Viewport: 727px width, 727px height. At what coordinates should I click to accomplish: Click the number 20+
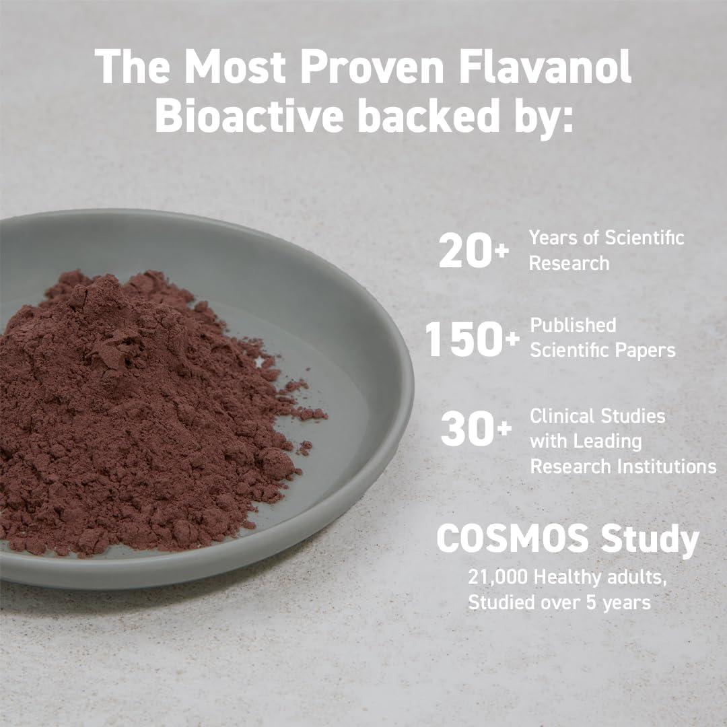point(474,250)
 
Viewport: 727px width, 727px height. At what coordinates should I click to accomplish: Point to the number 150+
point(472,340)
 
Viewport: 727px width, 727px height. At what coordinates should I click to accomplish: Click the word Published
point(573,325)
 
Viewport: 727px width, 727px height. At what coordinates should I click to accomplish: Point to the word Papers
point(645,350)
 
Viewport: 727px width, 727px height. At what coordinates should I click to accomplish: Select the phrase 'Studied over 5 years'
point(559,601)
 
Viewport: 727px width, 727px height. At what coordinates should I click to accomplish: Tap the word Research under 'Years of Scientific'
point(569,263)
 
